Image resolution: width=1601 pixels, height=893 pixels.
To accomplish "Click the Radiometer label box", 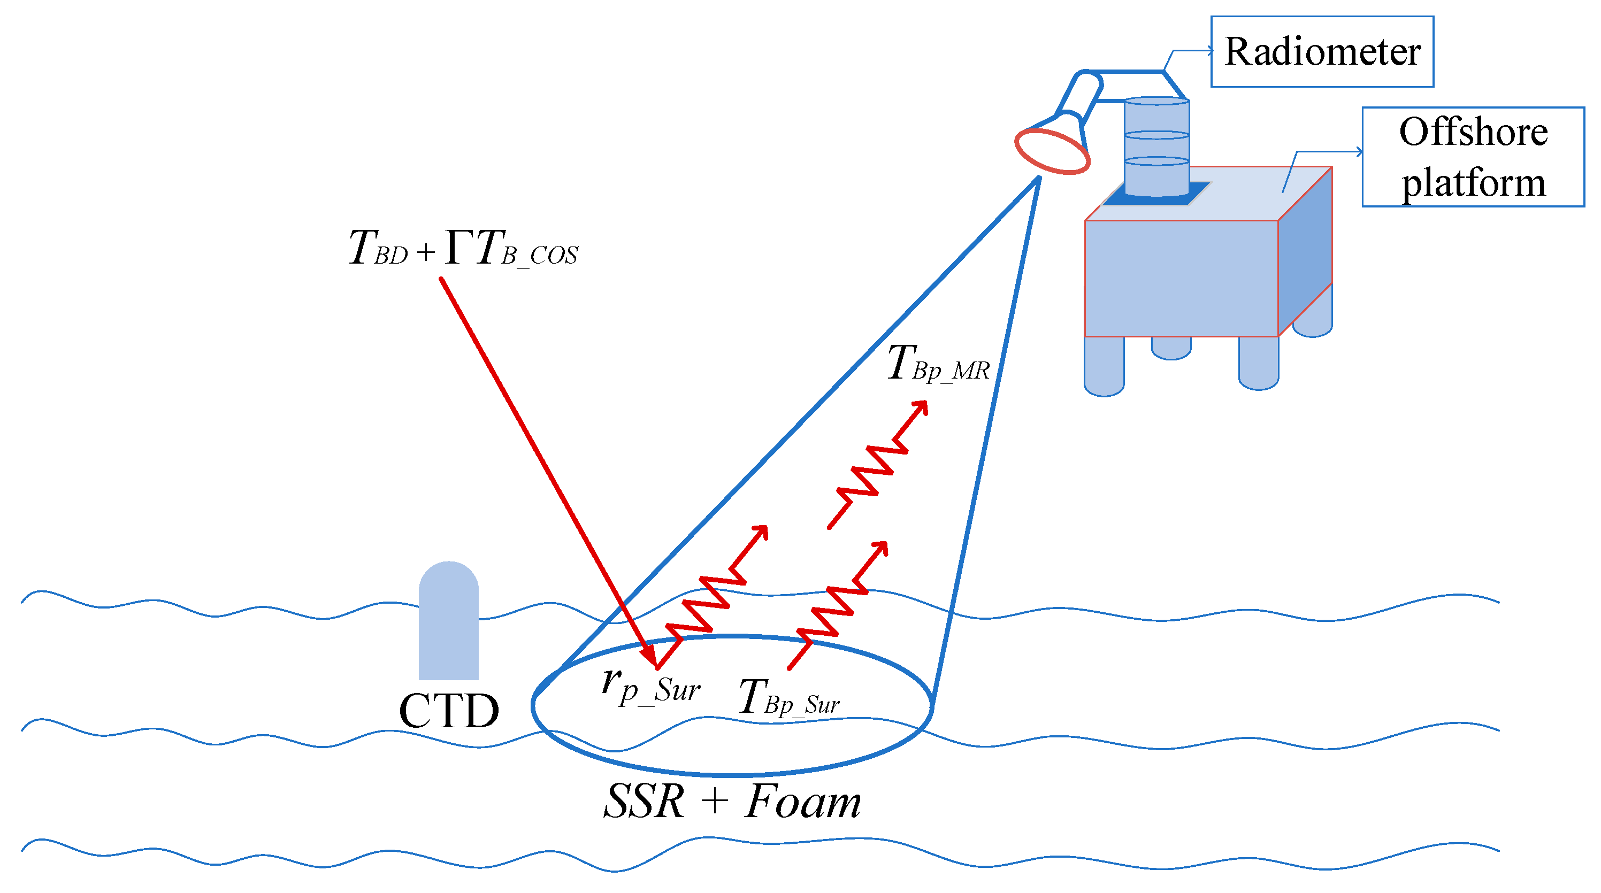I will (1321, 51).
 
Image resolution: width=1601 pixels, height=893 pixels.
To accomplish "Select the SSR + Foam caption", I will (732, 801).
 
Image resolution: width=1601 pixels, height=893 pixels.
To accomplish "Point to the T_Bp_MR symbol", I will (937, 364).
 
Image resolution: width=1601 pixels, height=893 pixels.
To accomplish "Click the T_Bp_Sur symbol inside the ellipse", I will (788, 697).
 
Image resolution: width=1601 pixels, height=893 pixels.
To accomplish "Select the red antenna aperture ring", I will (1052, 150).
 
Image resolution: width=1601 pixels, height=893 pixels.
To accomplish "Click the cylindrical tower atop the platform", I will (1156, 146).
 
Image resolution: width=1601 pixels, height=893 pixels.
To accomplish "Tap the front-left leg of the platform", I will (1103, 367).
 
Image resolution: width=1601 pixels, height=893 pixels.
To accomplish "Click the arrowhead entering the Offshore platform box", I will (1359, 152).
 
